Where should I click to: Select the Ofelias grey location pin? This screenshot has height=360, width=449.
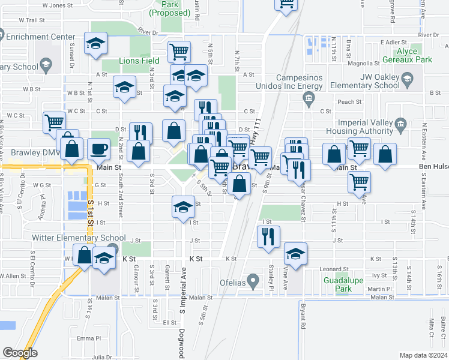[253, 280]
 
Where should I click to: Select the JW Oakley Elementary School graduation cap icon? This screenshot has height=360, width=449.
[407, 79]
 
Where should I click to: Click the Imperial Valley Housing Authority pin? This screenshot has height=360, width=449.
[402, 124]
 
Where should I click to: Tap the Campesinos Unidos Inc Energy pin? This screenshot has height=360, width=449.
[309, 103]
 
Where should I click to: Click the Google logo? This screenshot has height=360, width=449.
[20, 353]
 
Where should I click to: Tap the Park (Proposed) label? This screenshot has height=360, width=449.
[170, 8]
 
